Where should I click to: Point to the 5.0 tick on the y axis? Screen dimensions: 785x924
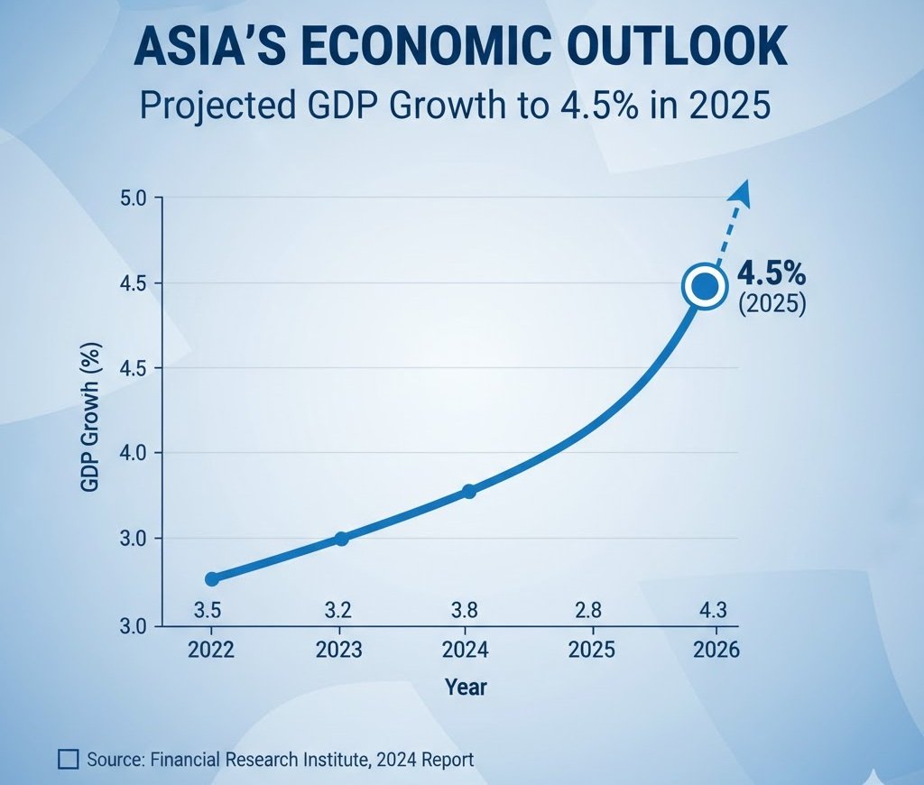click(140, 198)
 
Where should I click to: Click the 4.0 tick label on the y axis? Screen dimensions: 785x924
click(140, 452)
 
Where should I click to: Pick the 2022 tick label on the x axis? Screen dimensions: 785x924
click(212, 650)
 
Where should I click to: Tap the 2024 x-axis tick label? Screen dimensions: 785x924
click(467, 650)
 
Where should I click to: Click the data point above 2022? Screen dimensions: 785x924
click(212, 578)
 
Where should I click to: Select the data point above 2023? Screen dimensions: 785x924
click(341, 539)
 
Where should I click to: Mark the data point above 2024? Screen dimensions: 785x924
click(468, 491)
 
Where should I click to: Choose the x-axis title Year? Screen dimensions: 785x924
click(466, 688)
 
